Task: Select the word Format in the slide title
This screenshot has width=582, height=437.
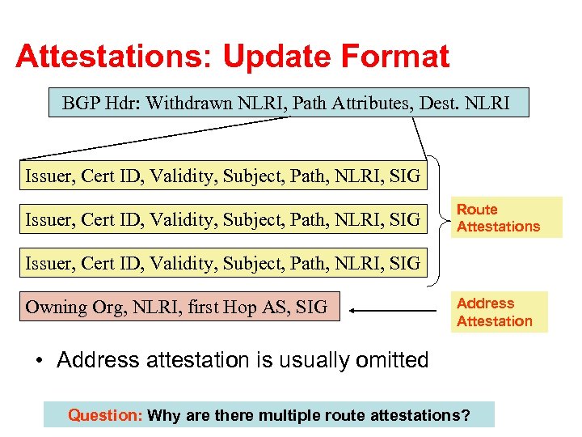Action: [x=399, y=57]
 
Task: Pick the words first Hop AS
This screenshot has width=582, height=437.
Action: [x=227, y=307]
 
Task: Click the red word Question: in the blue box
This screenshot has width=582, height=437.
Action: [x=105, y=416]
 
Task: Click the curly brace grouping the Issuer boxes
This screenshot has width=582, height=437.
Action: [x=437, y=218]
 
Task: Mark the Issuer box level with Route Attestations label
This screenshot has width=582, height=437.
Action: [x=222, y=219]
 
